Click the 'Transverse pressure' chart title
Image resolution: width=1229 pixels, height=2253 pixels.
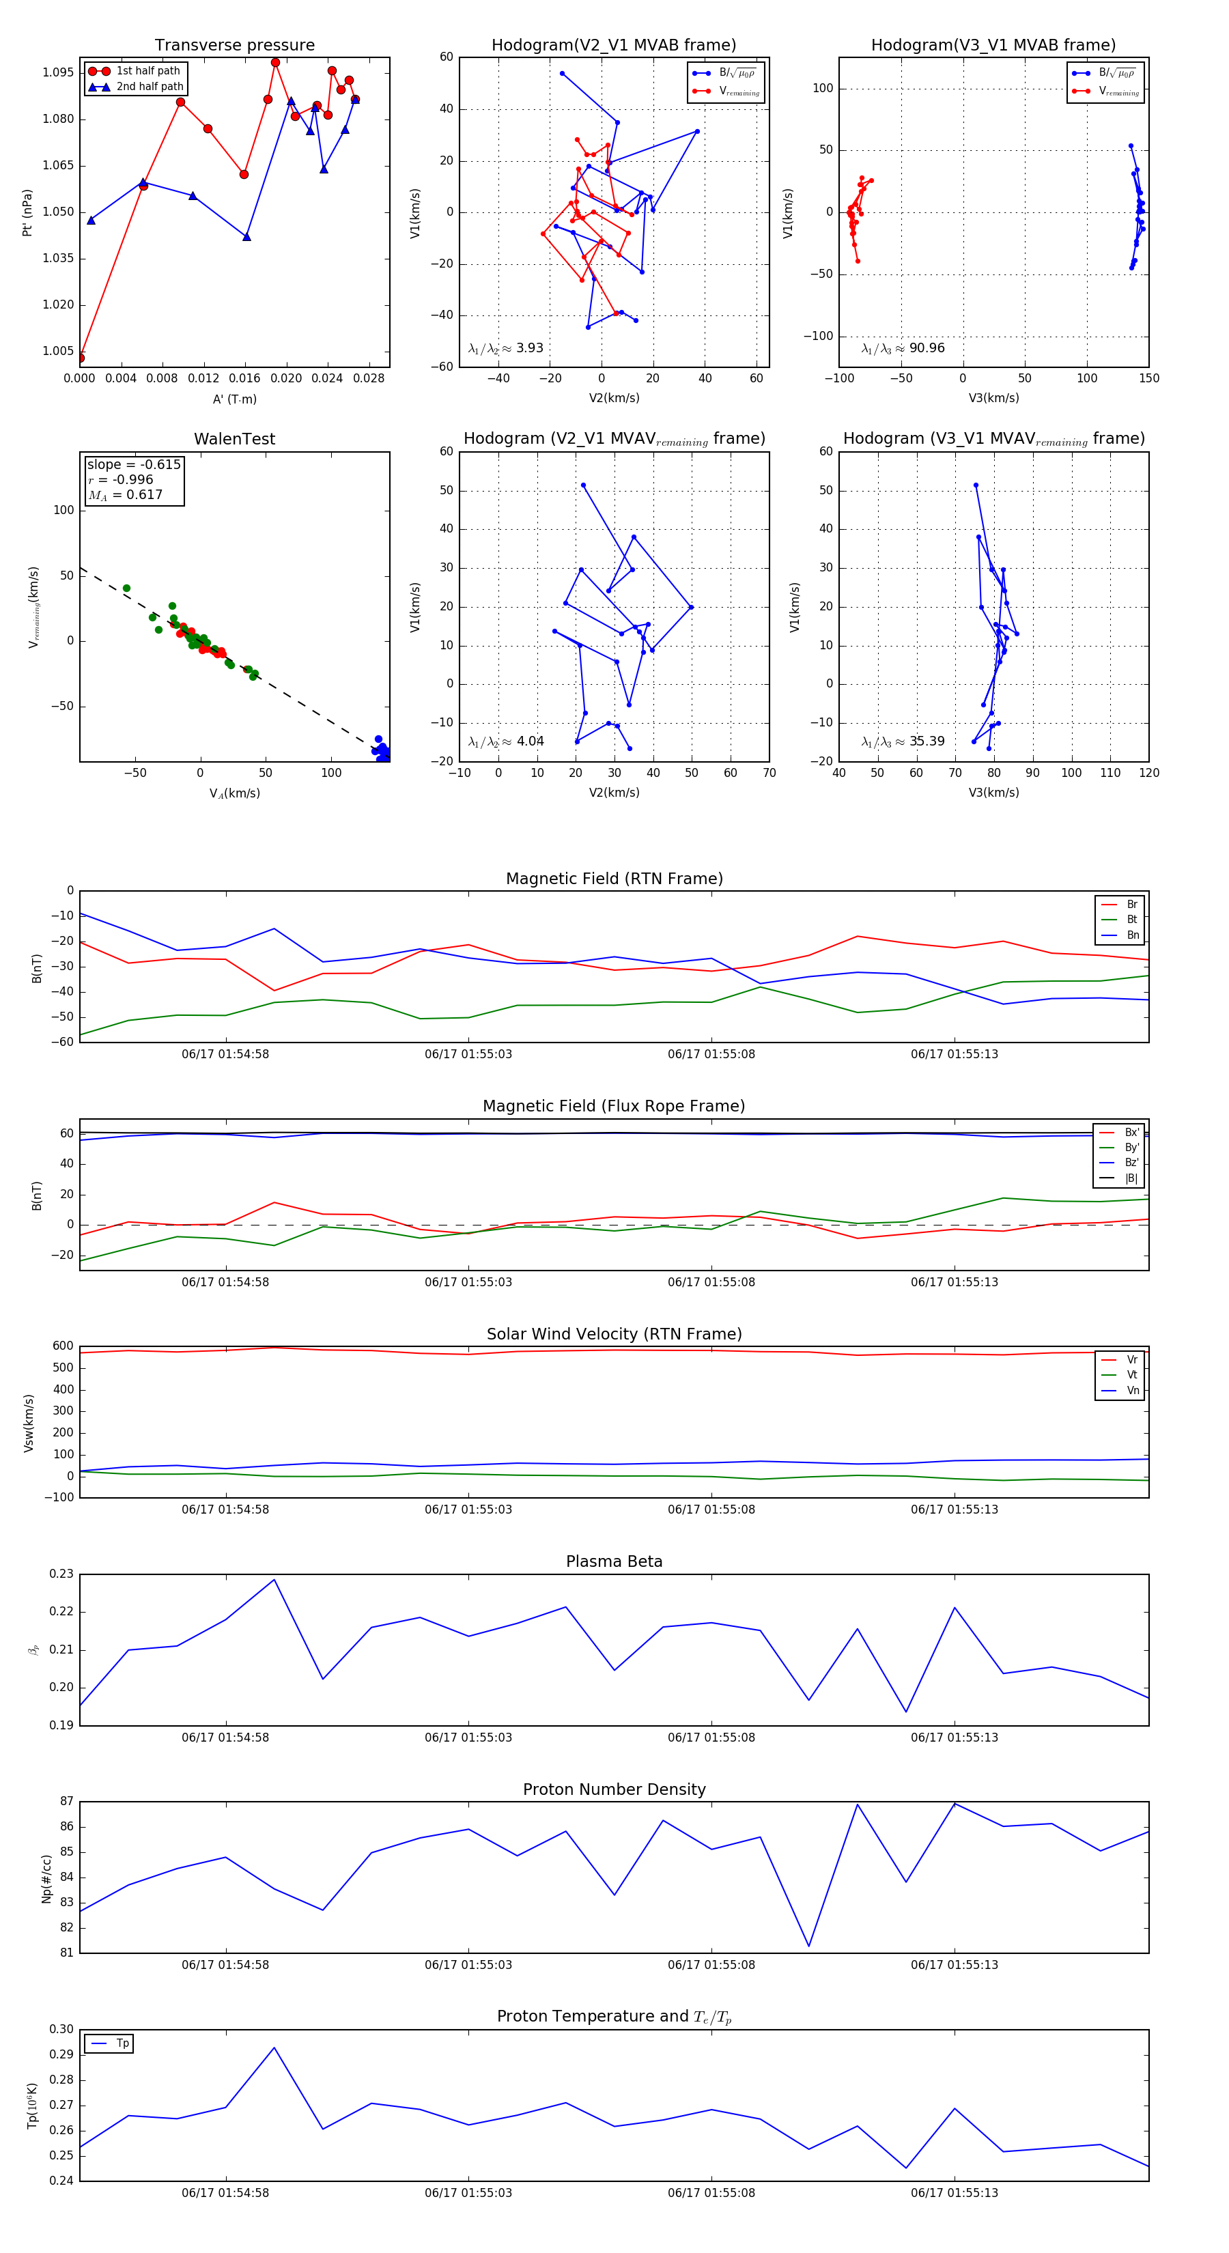pyautogui.click(x=234, y=46)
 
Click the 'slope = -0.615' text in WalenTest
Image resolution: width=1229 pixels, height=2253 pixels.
pyautogui.click(x=134, y=464)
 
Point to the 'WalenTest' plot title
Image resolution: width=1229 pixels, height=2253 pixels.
pyautogui.click(x=234, y=439)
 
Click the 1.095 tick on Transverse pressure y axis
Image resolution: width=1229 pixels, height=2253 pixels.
pyautogui.click(x=59, y=72)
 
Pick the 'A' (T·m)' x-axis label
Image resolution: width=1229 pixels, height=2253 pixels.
pyautogui.click(x=234, y=399)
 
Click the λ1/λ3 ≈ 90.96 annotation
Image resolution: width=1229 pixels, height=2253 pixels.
pyautogui.click(x=903, y=348)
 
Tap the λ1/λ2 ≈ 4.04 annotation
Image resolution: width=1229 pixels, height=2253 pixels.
pyautogui.click(x=505, y=741)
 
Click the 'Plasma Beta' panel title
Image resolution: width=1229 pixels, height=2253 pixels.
pyautogui.click(x=614, y=1562)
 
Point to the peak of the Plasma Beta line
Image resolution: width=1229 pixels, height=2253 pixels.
pyautogui.click(x=274, y=1580)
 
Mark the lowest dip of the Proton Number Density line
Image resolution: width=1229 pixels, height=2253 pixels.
pyautogui.click(x=809, y=1946)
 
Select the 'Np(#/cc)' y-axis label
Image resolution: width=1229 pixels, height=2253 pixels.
pyautogui.click(x=46, y=1879)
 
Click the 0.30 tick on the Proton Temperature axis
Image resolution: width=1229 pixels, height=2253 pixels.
pyautogui.click(x=61, y=2030)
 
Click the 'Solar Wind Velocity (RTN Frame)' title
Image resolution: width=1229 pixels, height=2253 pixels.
pyautogui.click(x=614, y=1335)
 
